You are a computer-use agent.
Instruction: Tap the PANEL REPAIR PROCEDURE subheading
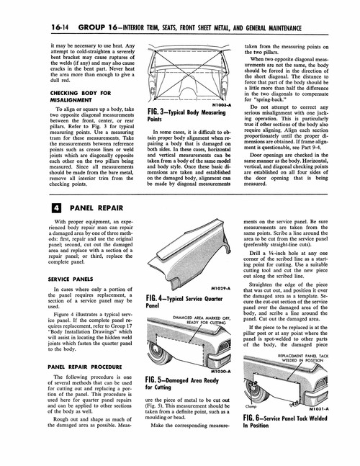pos(78,366)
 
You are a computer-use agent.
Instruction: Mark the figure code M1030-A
pos(220,371)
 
